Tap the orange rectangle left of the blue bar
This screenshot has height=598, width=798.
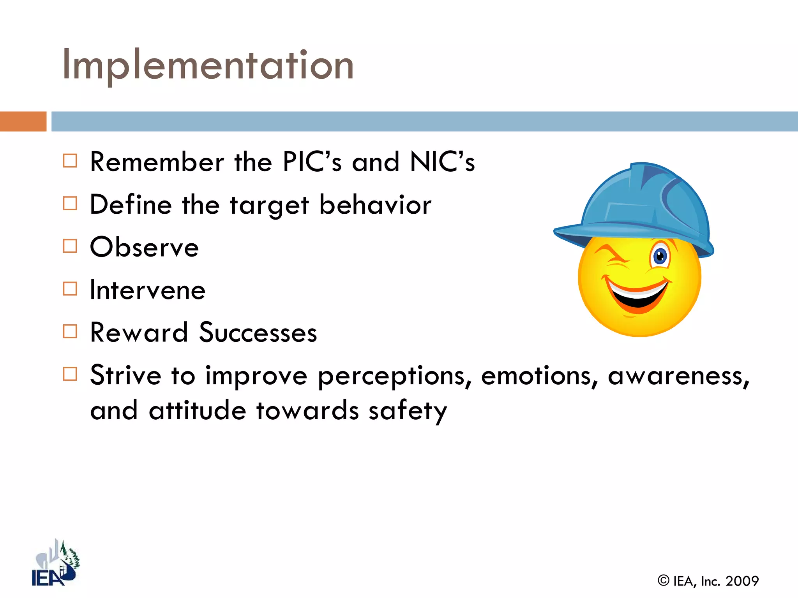[x=23, y=121]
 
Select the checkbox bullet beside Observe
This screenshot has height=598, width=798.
[x=70, y=246]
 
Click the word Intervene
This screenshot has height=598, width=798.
[x=148, y=290]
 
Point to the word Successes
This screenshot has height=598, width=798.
[x=258, y=333]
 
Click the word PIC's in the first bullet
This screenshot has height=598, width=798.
[x=312, y=162]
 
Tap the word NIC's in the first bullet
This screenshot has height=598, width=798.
[x=442, y=162]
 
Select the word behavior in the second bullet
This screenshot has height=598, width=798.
[x=375, y=205]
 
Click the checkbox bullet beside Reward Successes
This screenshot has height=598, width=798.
[x=70, y=331]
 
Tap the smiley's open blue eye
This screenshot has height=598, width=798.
[x=660, y=256]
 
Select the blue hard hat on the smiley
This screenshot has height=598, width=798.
[x=639, y=206]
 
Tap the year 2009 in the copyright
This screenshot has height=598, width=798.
[x=742, y=581]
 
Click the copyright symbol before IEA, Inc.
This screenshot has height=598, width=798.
[x=663, y=580]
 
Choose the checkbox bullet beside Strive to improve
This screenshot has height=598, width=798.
[x=70, y=374]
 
